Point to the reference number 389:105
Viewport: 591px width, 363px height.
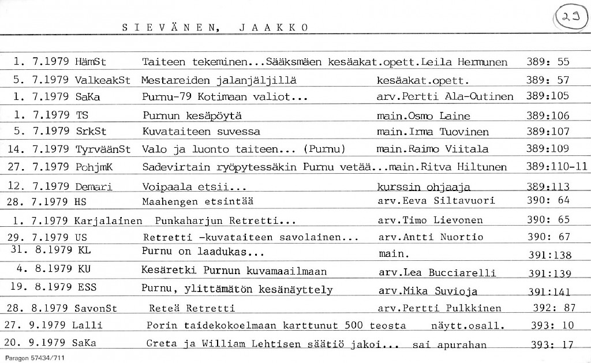click(548, 96)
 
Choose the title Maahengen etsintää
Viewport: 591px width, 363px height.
click(198, 201)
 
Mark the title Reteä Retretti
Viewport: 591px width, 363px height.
click(192, 308)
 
